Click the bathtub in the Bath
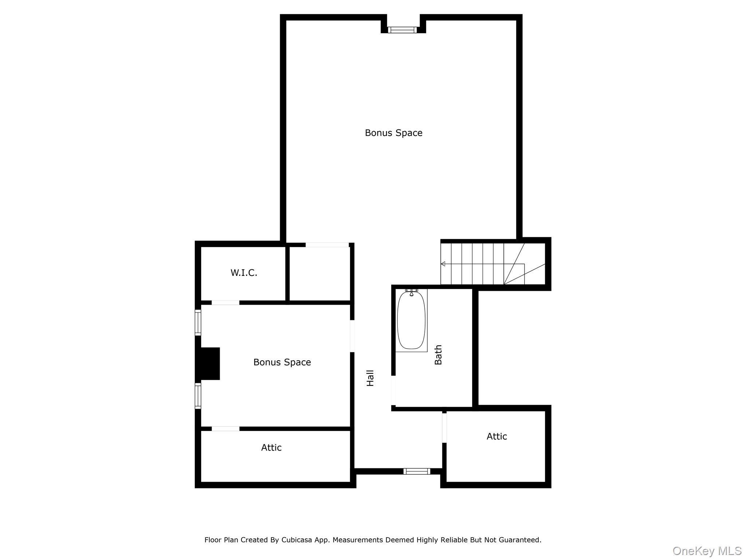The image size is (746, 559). click(x=411, y=320)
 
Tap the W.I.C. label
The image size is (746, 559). click(x=244, y=273)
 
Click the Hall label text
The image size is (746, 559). click(x=370, y=378)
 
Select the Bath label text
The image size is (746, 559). click(x=438, y=355)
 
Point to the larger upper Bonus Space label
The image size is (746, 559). click(x=393, y=133)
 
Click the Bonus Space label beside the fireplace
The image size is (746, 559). click(x=282, y=362)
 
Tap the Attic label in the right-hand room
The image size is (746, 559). click(x=496, y=436)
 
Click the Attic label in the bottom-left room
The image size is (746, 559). click(x=271, y=448)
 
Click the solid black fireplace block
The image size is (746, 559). click(x=209, y=364)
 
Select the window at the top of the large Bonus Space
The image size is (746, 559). click(x=402, y=30)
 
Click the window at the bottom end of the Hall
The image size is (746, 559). click(x=417, y=471)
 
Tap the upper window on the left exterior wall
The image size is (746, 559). click(x=198, y=322)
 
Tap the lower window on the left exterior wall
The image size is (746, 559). click(x=198, y=396)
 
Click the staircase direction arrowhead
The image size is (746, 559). click(x=443, y=264)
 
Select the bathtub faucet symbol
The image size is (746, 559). click(x=412, y=293)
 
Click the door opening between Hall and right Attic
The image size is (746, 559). click(x=444, y=428)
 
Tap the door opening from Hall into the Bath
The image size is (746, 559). click(x=393, y=390)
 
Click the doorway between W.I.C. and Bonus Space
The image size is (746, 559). click(x=225, y=303)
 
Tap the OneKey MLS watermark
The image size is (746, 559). click(x=707, y=551)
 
